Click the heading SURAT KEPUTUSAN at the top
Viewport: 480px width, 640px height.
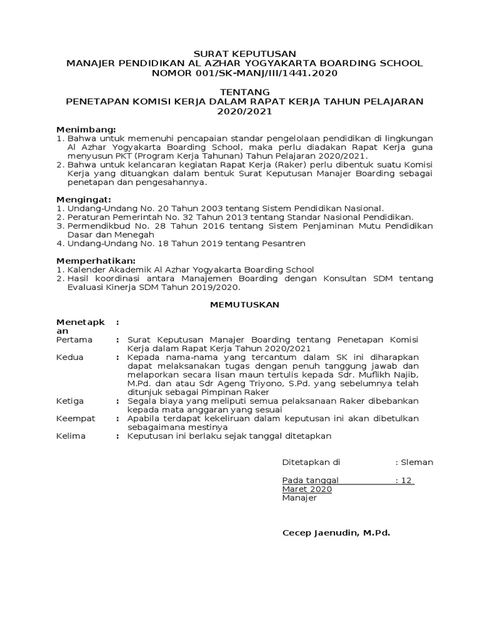pyautogui.click(x=244, y=54)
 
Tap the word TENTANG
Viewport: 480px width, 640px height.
pyautogui.click(x=244, y=92)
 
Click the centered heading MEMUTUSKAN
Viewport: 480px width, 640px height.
pyautogui.click(x=244, y=304)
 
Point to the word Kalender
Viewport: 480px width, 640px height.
pyautogui.click(x=86, y=269)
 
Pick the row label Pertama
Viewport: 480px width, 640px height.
pyautogui.click(x=74, y=339)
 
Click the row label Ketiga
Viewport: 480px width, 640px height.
pyautogui.click(x=71, y=400)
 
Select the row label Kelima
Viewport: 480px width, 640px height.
pyautogui.click(x=71, y=436)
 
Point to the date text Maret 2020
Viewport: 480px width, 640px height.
pyautogui.click(x=307, y=489)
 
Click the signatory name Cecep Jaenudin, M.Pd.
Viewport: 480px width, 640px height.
pyautogui.click(x=336, y=532)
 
